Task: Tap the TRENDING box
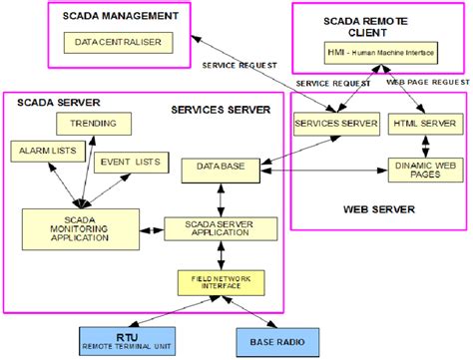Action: [101, 125]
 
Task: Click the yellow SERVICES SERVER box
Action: [335, 124]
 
